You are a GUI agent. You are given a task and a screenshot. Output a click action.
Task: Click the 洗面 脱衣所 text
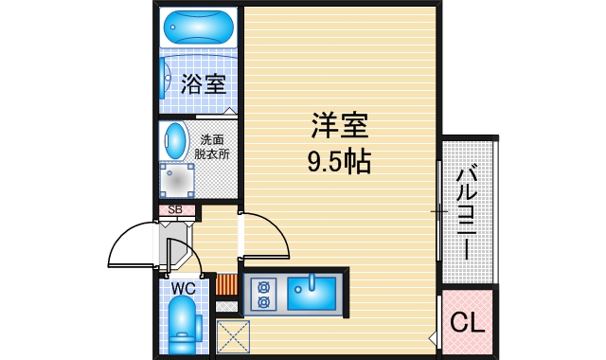click(212, 145)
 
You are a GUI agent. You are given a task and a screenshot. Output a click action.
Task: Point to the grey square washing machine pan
click(176, 177)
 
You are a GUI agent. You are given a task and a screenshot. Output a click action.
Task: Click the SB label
click(175, 210)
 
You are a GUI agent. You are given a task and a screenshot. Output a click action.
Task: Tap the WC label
click(182, 288)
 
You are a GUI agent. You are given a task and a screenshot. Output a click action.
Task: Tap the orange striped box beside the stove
click(226, 284)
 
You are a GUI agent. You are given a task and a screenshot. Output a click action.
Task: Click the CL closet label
click(467, 323)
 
